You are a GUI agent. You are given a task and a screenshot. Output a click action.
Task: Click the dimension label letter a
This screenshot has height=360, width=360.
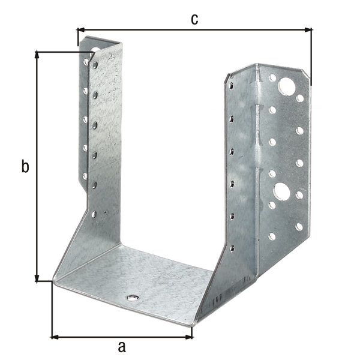click(x=122, y=347)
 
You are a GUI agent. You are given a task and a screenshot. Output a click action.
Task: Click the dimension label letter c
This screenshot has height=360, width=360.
click(x=194, y=20)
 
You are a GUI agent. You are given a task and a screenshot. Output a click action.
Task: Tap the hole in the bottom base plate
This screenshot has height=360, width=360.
click(x=133, y=298)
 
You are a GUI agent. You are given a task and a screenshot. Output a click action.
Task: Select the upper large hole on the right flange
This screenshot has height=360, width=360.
click(x=287, y=86)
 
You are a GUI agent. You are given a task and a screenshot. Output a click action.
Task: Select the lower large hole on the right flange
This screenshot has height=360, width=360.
click(x=281, y=191)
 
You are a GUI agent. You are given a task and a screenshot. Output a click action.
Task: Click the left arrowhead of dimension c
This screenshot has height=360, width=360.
click(x=81, y=30)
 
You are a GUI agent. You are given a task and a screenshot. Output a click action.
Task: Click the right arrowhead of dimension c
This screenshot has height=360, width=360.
click(x=308, y=30)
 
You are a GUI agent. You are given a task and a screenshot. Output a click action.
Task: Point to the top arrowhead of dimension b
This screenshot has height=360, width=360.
click(x=37, y=56)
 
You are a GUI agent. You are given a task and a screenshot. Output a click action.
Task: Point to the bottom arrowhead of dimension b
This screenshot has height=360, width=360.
click(x=37, y=277)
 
